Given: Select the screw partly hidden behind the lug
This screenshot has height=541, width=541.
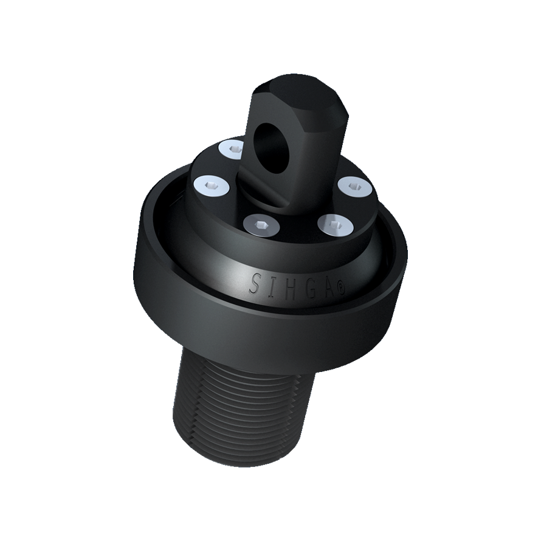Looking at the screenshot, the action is (231, 149).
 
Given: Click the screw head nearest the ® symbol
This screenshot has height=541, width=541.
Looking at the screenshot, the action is (335, 226).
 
